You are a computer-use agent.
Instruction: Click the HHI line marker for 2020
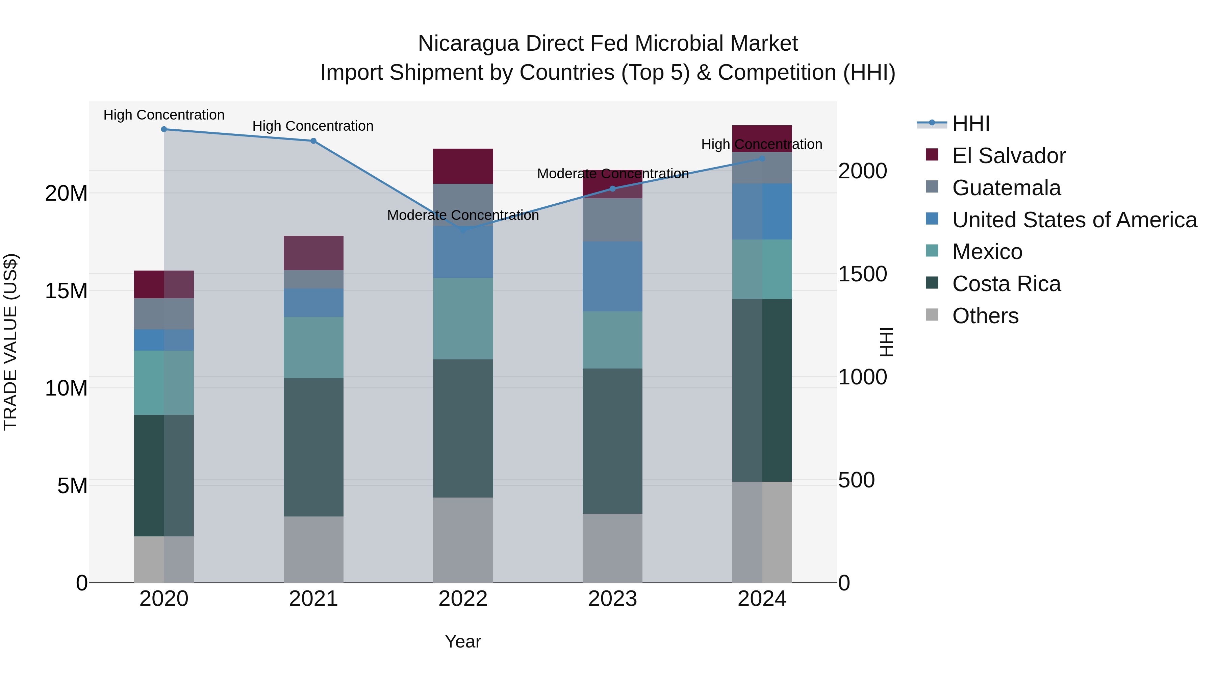164,129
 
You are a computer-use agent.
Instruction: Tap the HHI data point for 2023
613,189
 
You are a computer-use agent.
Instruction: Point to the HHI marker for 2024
762,159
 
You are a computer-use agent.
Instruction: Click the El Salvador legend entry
1008,156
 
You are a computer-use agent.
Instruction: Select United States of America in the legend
1074,220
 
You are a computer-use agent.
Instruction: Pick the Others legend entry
985,316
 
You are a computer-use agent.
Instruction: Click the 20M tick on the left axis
66,194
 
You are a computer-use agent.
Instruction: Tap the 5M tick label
72,486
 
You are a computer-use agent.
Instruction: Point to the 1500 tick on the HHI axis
862,274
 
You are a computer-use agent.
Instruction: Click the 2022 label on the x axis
463,599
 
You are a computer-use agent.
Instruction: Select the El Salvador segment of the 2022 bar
463,166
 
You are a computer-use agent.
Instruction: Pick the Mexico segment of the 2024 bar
762,269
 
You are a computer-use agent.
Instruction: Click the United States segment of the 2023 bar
612,277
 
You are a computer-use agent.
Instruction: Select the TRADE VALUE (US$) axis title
10,342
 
